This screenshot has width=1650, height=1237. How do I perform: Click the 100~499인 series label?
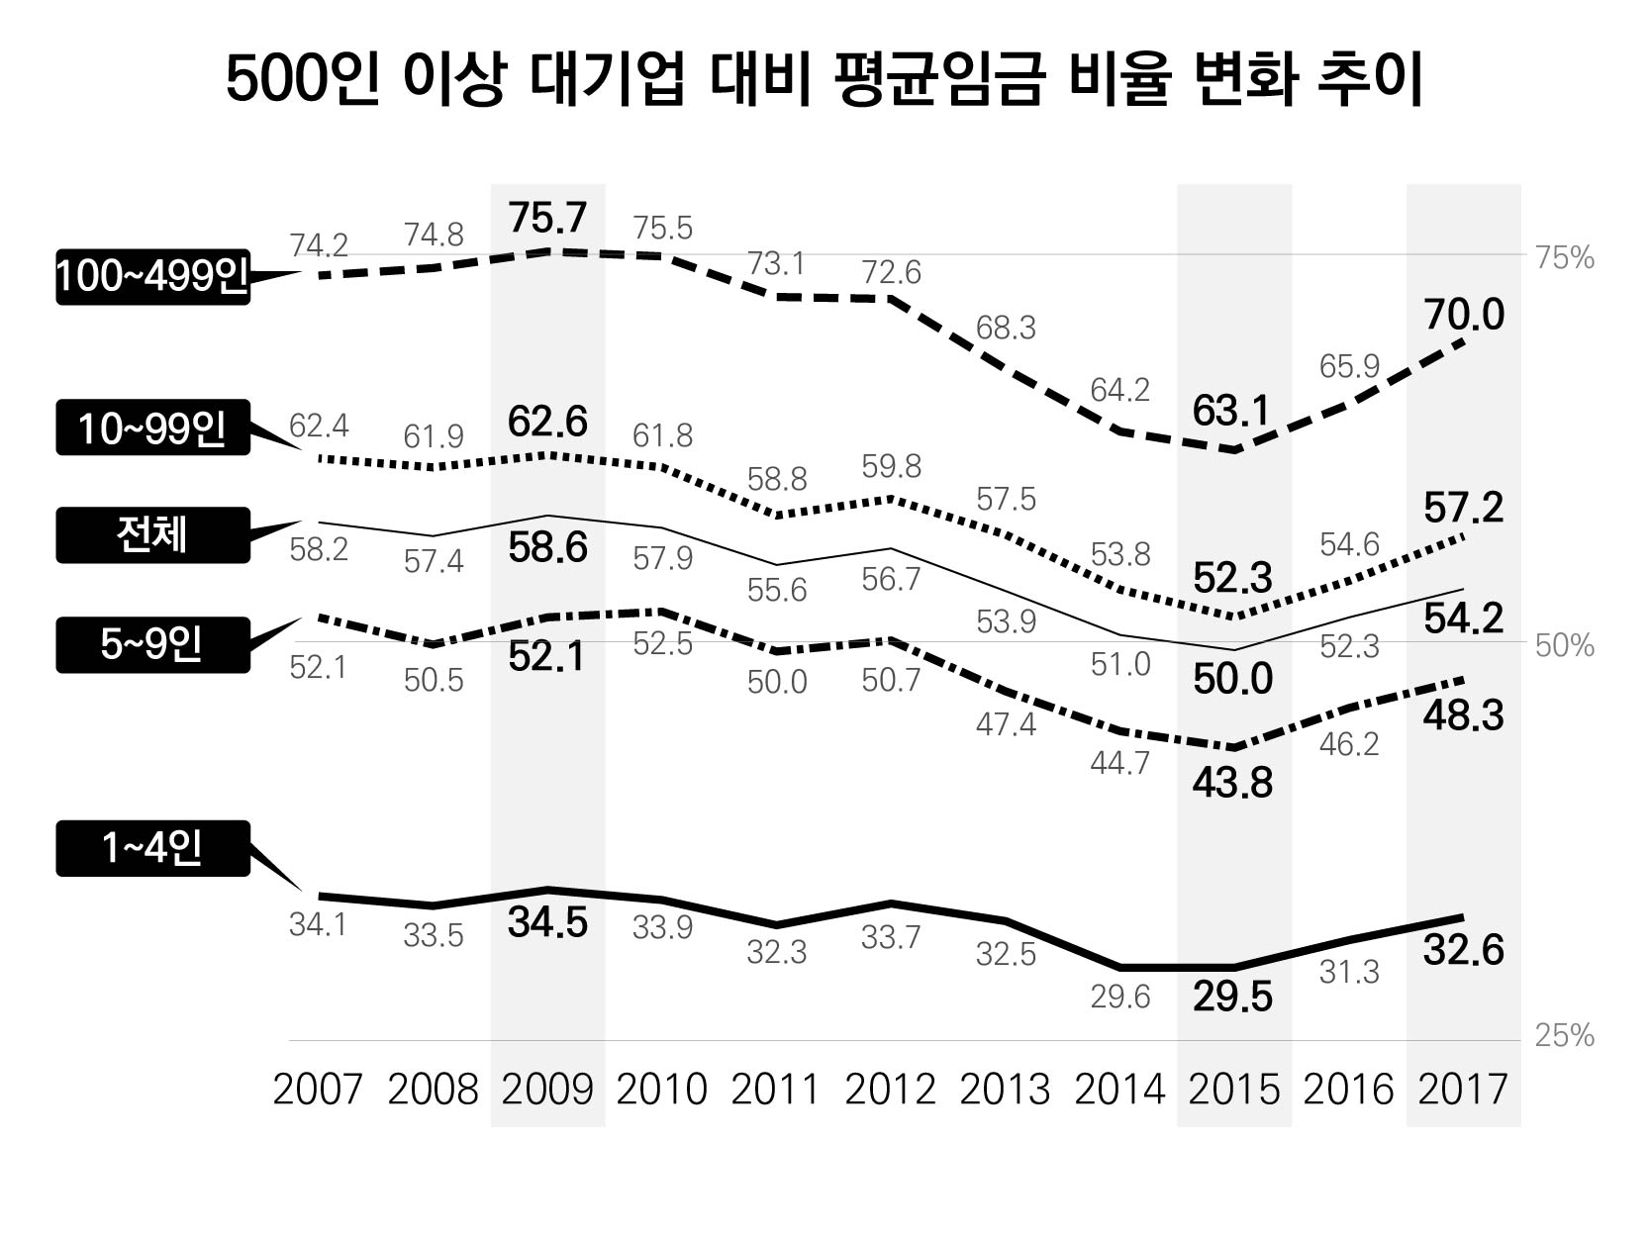click(x=151, y=277)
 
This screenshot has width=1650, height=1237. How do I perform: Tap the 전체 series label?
click(x=151, y=535)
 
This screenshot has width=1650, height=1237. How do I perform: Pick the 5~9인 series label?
click(x=151, y=645)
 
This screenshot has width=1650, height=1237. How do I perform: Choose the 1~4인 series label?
click(x=151, y=848)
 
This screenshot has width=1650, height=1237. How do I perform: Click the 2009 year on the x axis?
click(x=547, y=1090)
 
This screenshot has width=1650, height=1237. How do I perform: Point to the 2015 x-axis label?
click(x=1233, y=1090)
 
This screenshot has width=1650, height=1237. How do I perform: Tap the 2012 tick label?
click(x=891, y=1090)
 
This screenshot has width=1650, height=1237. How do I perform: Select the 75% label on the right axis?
click(x=1564, y=258)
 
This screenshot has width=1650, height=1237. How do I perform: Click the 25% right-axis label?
click(x=1564, y=1036)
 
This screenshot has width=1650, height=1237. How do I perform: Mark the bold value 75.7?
click(x=547, y=217)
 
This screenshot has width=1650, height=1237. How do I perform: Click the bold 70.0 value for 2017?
click(x=1464, y=316)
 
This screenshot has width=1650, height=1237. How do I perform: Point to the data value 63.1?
click(x=1231, y=411)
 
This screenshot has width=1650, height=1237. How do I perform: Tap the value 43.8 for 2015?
click(x=1232, y=783)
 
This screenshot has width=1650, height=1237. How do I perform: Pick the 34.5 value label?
click(x=547, y=922)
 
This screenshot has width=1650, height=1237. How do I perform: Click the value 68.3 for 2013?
click(x=1006, y=328)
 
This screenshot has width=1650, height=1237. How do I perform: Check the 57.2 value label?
click(x=1464, y=509)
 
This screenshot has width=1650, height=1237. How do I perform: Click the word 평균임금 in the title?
click(x=938, y=80)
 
